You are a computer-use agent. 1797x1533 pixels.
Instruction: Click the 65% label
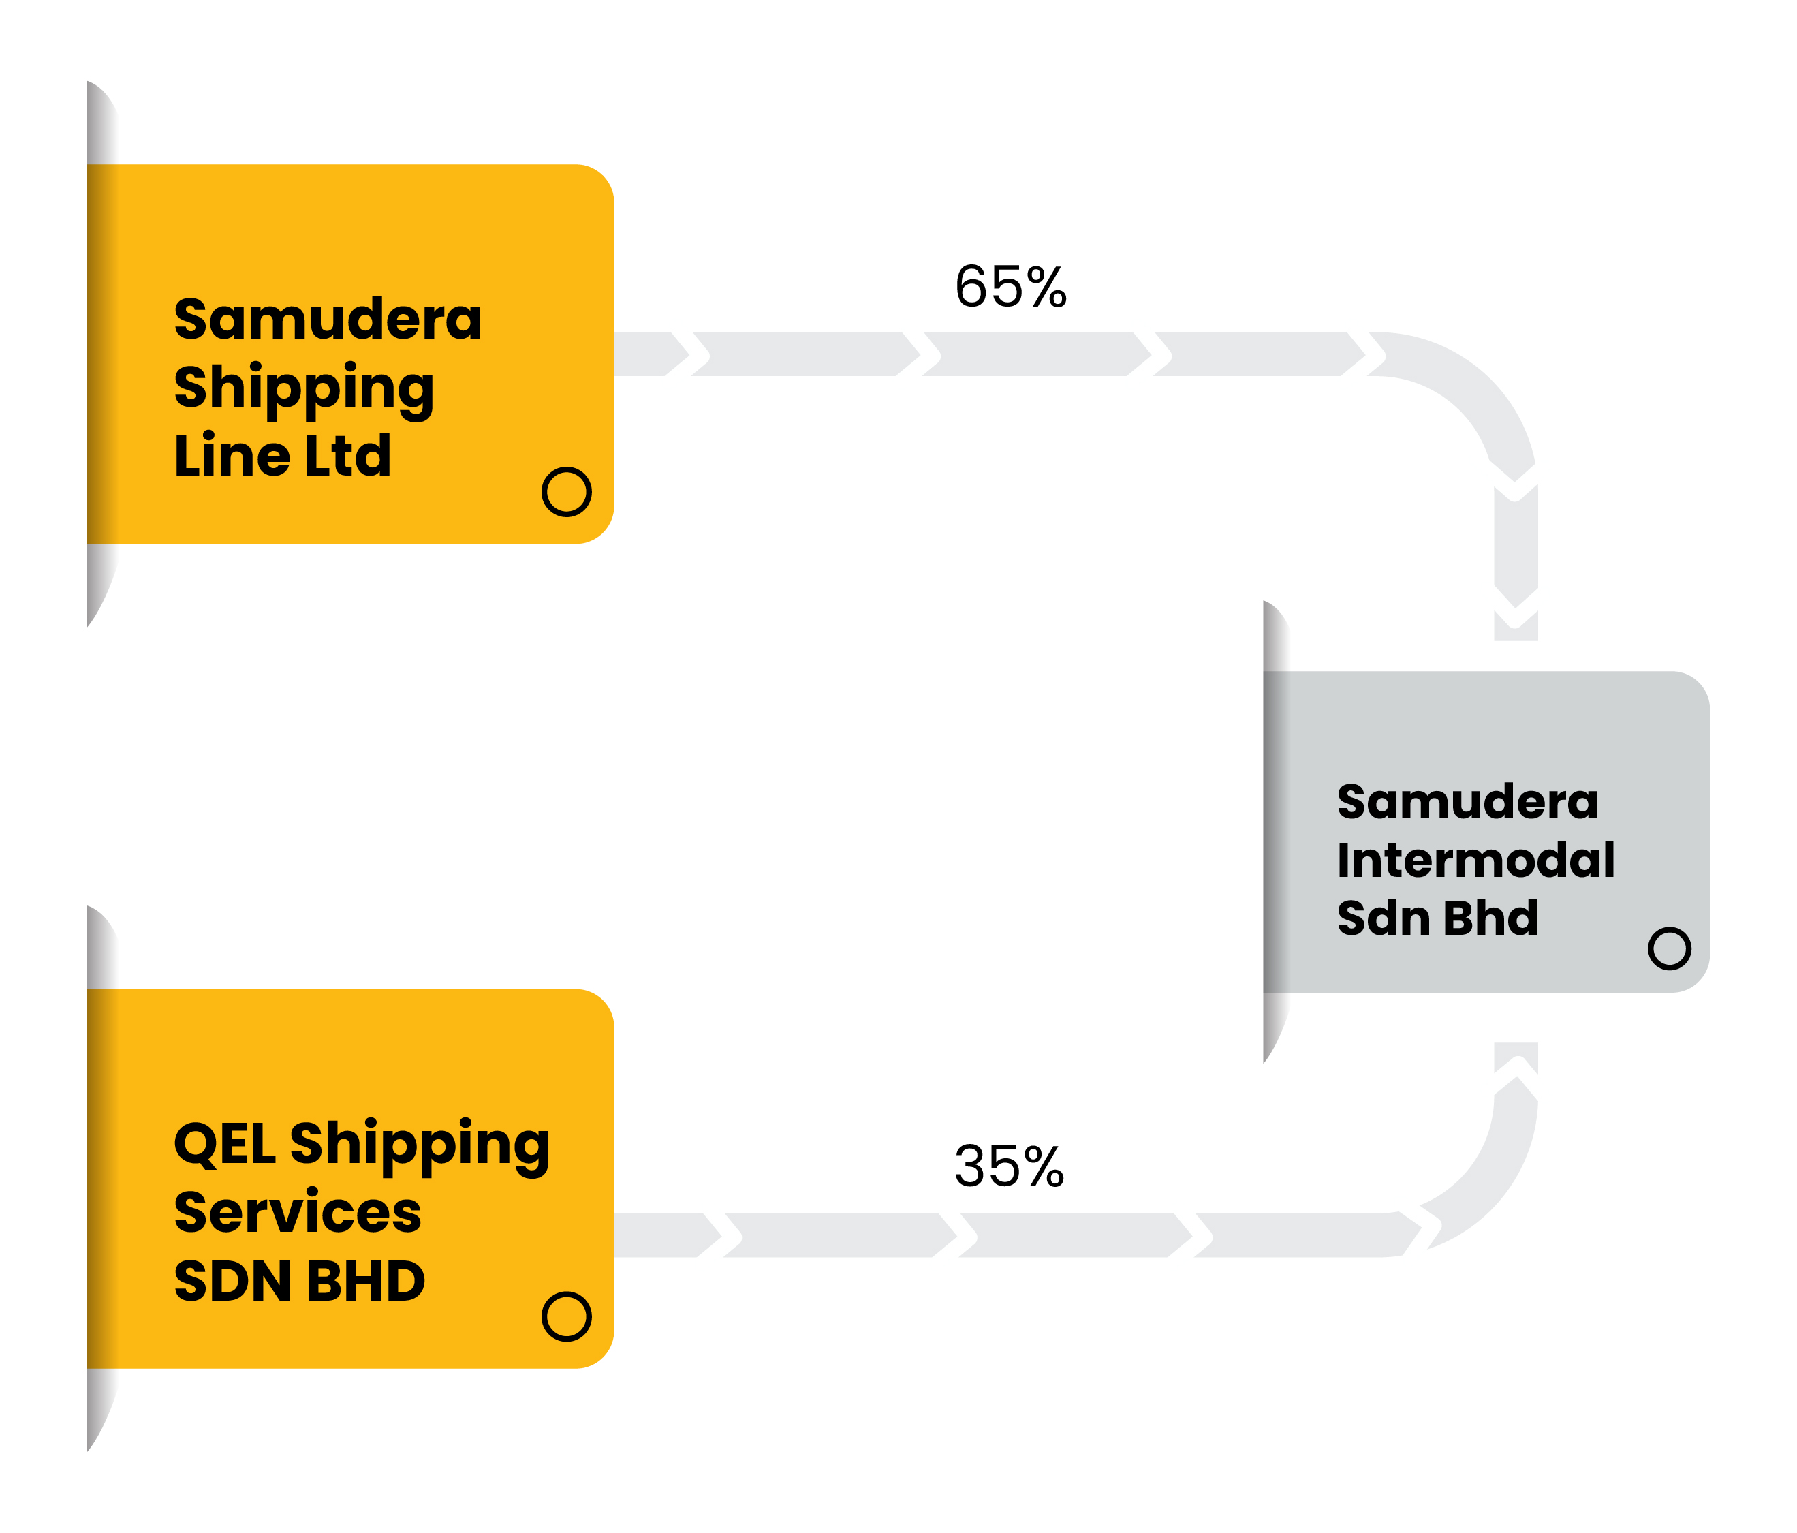[1010, 286]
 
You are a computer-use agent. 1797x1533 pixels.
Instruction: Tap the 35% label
[1010, 1166]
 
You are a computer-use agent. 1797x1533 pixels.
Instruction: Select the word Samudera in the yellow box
[328, 320]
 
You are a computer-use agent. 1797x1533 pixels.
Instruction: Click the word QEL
[225, 1145]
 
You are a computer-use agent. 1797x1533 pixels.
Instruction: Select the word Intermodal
[1476, 861]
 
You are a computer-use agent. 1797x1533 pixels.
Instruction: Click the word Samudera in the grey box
[1467, 802]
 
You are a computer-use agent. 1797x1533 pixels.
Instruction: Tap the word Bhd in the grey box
[1491, 918]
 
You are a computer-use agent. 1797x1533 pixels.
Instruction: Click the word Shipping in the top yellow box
[304, 388]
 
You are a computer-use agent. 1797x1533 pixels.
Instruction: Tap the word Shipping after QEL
[420, 1147]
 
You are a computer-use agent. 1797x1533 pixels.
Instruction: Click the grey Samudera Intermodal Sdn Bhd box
[1486, 832]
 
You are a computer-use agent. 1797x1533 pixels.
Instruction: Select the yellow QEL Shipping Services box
[350, 1179]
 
